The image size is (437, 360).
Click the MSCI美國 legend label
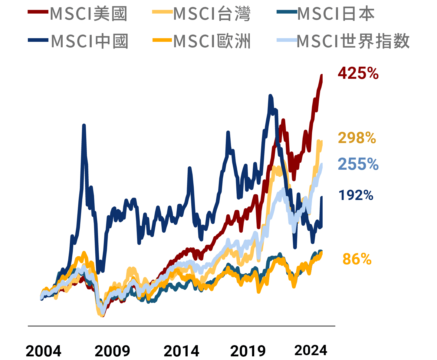pos(88,14)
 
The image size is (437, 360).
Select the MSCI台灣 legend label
pos(212,14)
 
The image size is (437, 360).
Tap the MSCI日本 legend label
pos(336,14)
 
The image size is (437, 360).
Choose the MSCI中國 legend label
pos(90,41)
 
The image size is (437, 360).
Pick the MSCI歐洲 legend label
pos(212,41)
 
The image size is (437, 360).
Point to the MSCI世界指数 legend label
pos(353,41)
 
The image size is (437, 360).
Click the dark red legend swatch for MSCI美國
pos(38,12)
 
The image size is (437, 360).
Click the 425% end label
pos(358,73)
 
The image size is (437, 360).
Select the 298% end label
pos(357,138)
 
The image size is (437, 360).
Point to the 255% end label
pos(358,164)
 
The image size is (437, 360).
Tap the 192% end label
pos(356,195)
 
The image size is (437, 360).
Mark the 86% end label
pos(357,259)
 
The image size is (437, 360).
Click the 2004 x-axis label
pos(43,351)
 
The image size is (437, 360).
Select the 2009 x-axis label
pos(112,351)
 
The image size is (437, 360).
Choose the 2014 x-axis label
pos(181,351)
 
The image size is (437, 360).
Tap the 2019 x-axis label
pos(248,351)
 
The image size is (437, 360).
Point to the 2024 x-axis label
pos(311,351)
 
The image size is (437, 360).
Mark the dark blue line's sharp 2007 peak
pos(84,125)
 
